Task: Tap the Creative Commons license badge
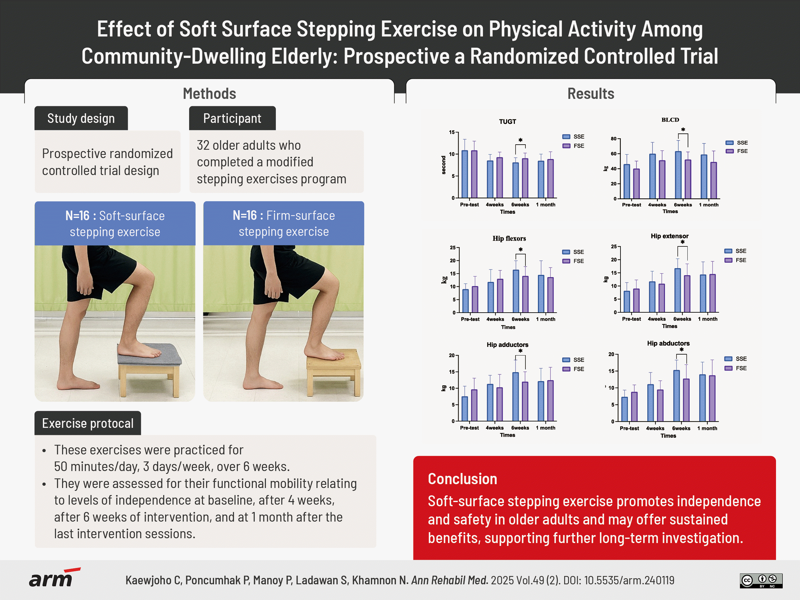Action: coord(761,580)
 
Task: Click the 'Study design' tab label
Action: coord(81,118)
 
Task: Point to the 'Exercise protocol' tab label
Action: coord(88,423)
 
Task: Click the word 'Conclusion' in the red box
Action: coord(462,479)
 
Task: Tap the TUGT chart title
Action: coord(507,122)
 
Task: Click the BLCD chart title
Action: coord(670,120)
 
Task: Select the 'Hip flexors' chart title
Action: coord(509,238)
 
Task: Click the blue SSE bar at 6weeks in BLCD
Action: coord(678,175)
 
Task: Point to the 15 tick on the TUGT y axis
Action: coord(452,132)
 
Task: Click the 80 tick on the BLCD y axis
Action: coord(613,139)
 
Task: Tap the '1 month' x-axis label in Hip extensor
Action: coord(708,319)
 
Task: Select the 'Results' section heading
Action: coord(591,94)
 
